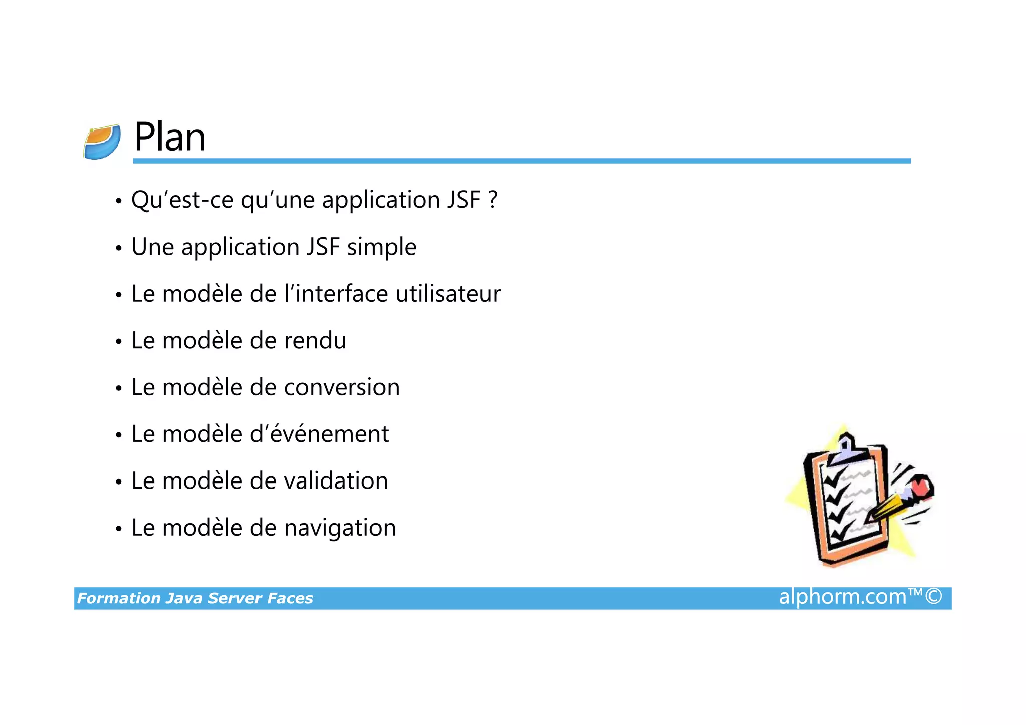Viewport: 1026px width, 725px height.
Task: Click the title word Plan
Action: click(x=170, y=137)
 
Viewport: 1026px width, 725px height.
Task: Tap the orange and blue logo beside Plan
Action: click(x=102, y=142)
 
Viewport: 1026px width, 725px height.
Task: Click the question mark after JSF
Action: click(x=493, y=199)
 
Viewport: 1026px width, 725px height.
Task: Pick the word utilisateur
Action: click(x=448, y=294)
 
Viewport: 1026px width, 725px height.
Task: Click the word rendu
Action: click(x=315, y=341)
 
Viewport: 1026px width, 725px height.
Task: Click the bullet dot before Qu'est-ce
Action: click(x=119, y=201)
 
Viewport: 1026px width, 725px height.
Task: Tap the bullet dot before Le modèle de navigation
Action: click(x=119, y=529)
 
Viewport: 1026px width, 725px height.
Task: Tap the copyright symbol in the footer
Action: click(x=933, y=597)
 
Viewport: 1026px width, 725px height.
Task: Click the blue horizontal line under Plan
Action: click(x=521, y=161)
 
